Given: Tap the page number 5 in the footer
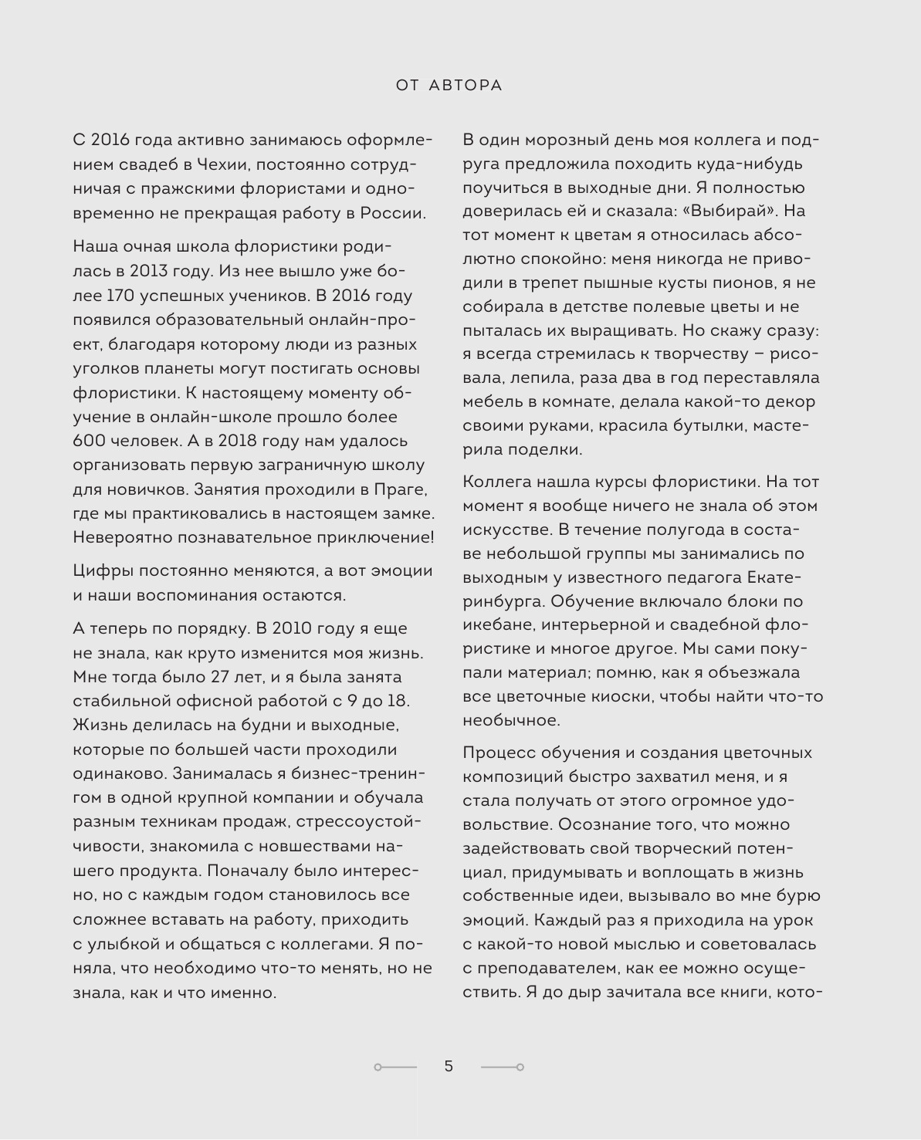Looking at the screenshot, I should coord(449,1066).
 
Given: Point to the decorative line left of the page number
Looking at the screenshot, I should coord(395,1067).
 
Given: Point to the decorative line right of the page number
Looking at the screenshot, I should coord(503,1067).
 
